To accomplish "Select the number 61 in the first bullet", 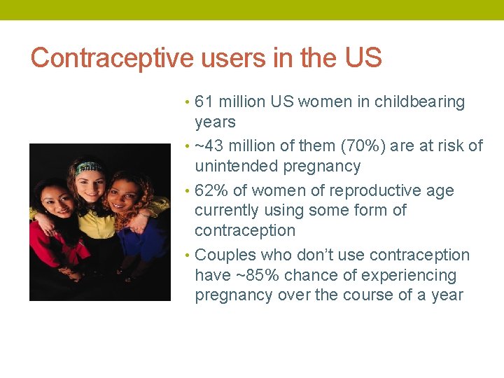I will [204, 102].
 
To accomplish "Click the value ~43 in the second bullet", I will [210, 146].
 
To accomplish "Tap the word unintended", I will [237, 167].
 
